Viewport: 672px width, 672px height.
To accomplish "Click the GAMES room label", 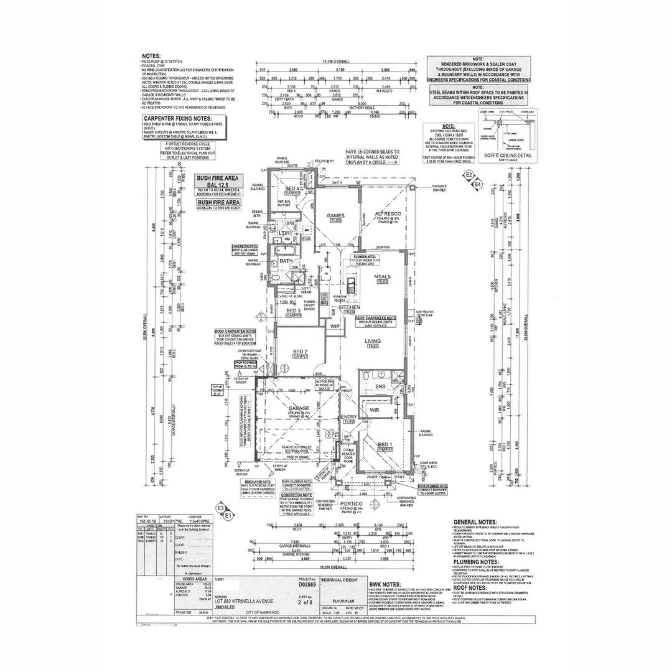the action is click(336, 216).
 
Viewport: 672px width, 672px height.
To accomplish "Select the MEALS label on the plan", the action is click(382, 276).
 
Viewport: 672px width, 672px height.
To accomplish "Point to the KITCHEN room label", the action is click(350, 307).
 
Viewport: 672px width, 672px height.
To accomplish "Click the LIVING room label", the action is click(373, 341).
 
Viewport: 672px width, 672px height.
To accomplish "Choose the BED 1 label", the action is click(386, 444).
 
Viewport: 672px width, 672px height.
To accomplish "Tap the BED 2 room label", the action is click(301, 352).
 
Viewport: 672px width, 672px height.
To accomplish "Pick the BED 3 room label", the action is click(294, 310).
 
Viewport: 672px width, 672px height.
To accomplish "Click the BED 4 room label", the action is click(293, 189).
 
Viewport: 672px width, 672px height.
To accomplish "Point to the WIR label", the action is click(375, 410).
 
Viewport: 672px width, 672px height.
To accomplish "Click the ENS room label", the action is click(380, 386).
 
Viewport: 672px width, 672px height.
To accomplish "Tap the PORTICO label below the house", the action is click(352, 503).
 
